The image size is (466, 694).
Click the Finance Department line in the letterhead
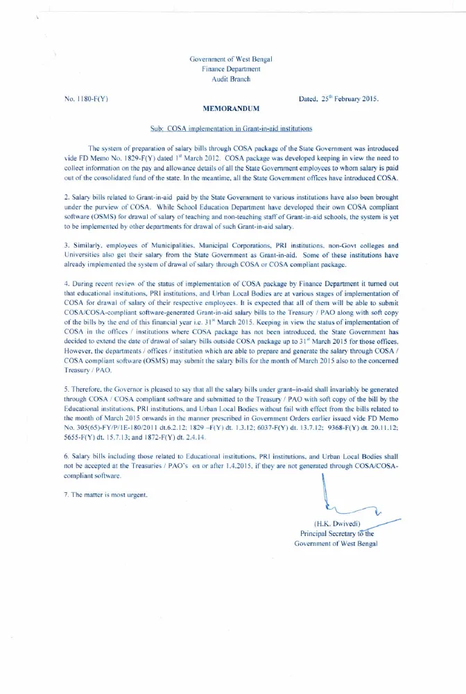[x=231, y=69]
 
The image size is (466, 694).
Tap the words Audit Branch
[x=231, y=79]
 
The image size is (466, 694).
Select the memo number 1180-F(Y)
[x=85, y=99]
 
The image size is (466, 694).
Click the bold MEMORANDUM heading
[x=231, y=110]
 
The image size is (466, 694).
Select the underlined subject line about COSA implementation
[x=231, y=129]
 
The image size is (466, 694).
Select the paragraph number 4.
[x=65, y=284]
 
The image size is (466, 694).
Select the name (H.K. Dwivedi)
[x=336, y=525]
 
